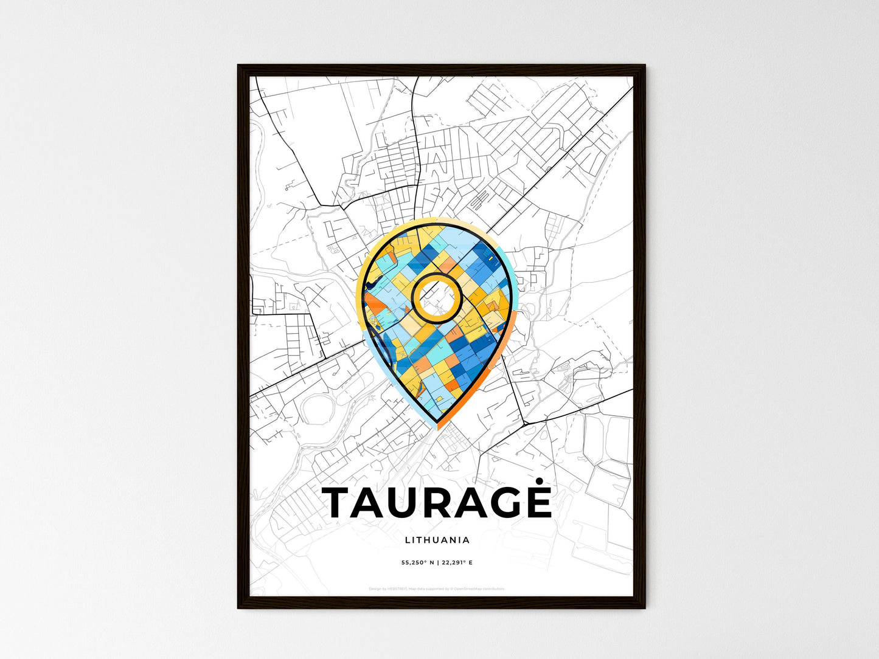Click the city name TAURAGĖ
(x=437, y=503)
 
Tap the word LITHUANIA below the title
(x=437, y=540)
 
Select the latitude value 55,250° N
(x=417, y=563)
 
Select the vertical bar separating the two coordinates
(x=437, y=563)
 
